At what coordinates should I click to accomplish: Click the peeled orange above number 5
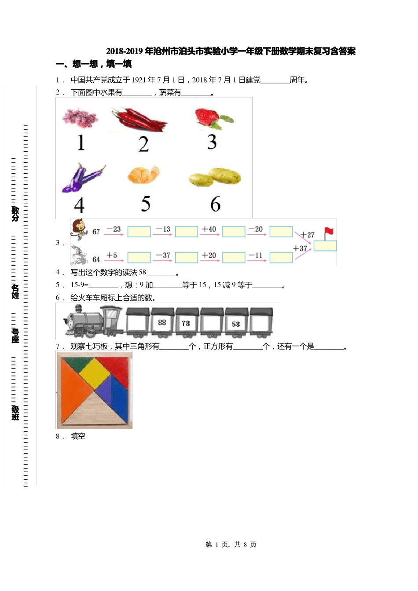[x=143, y=175]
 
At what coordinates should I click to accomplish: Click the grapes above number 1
[x=80, y=117]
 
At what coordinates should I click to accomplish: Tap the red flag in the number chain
[x=328, y=233]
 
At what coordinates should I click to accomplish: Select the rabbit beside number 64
[x=79, y=255]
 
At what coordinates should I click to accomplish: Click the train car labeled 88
[x=162, y=323]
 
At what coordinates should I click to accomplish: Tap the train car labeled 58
[x=236, y=324]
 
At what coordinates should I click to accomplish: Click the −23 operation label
[x=114, y=229]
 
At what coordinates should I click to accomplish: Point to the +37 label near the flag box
[x=300, y=248]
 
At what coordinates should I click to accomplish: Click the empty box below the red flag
[x=325, y=246]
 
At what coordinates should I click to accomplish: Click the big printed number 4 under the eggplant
[x=79, y=205]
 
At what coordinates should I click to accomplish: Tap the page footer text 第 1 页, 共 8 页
[x=231, y=544]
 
